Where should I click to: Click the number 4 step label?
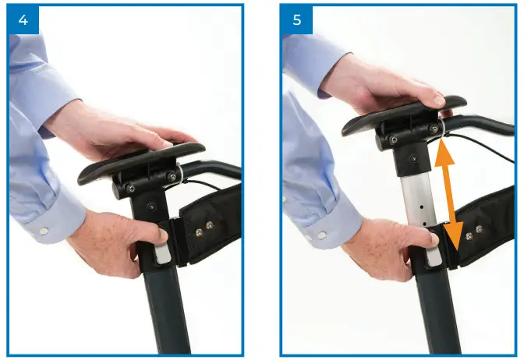click(x=23, y=19)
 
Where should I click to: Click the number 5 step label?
click(x=296, y=19)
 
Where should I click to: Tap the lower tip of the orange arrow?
click(x=456, y=238)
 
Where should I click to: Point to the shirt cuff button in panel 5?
click(x=320, y=235)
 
